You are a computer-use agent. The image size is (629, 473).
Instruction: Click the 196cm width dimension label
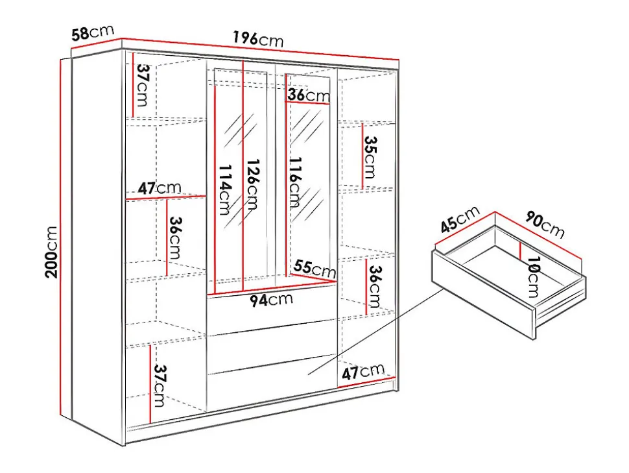click(258, 40)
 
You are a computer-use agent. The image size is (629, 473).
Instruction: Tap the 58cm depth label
click(93, 32)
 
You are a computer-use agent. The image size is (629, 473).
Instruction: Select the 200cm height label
click(51, 252)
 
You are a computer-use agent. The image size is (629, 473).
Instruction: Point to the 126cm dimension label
click(252, 184)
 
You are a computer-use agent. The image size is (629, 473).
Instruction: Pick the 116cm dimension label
click(295, 182)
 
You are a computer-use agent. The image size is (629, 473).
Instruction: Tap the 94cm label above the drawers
click(272, 300)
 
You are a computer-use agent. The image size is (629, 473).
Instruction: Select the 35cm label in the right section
click(370, 157)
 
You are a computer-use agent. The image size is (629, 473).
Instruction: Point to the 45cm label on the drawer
click(460, 219)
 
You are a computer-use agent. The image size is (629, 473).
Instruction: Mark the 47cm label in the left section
click(160, 188)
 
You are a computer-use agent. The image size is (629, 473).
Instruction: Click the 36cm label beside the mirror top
click(309, 95)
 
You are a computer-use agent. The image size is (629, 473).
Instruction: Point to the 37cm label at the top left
click(141, 85)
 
